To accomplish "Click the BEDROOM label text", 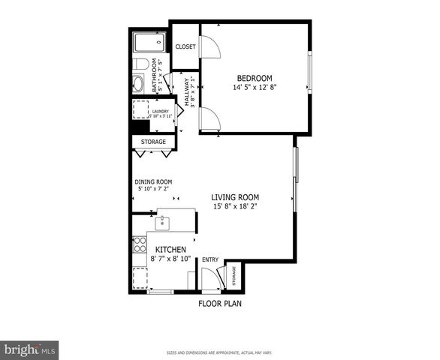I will tap(255, 78).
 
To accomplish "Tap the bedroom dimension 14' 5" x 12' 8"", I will tap(255, 88).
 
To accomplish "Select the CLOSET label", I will tap(185, 46).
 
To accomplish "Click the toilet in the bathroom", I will tap(140, 64).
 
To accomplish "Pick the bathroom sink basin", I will tap(140, 83).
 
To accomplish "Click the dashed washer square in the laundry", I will tap(140, 111).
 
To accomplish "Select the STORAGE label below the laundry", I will tap(153, 142).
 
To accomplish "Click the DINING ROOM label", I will tap(153, 181).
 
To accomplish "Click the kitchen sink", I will tap(161, 223).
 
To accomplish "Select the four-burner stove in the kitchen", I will tap(139, 244).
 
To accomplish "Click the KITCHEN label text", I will tap(170, 249).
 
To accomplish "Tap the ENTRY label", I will tap(210, 260).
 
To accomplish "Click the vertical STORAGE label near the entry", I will tap(233, 276).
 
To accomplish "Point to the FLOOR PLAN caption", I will tap(219, 304).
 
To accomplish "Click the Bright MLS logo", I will tap(30, 349).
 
